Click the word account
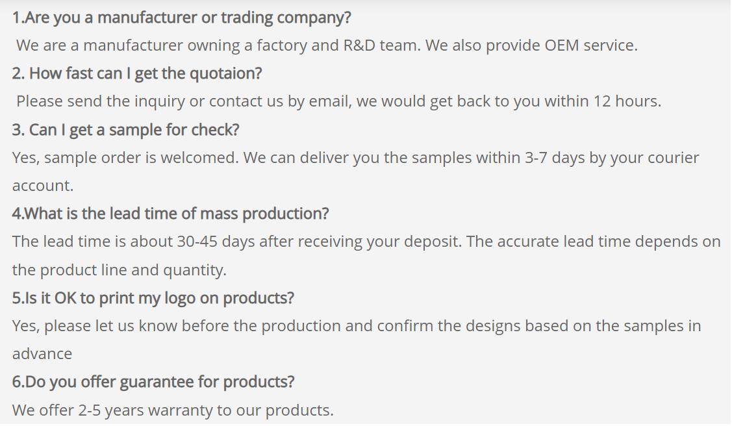[42, 186]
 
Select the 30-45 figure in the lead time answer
[197, 242]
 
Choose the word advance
[42, 354]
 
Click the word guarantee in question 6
[157, 382]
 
